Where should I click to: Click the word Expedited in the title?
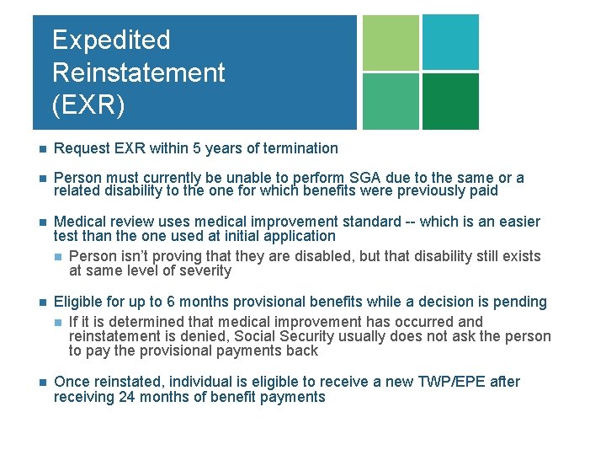point(111,40)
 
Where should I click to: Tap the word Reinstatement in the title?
point(138,72)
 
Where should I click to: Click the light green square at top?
point(390,42)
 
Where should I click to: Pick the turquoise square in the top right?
point(450,42)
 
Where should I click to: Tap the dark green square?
point(450,101)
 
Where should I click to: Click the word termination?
point(299,148)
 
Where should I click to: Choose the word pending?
point(518,302)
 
